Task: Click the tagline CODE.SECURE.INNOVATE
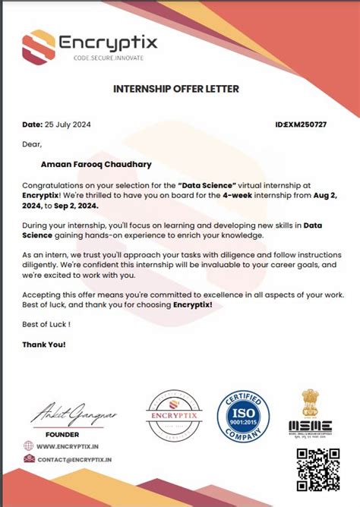pos(107,58)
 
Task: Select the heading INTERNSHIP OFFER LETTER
pos(175,89)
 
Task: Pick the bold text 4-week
pos(221,195)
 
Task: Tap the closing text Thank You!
pos(44,344)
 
